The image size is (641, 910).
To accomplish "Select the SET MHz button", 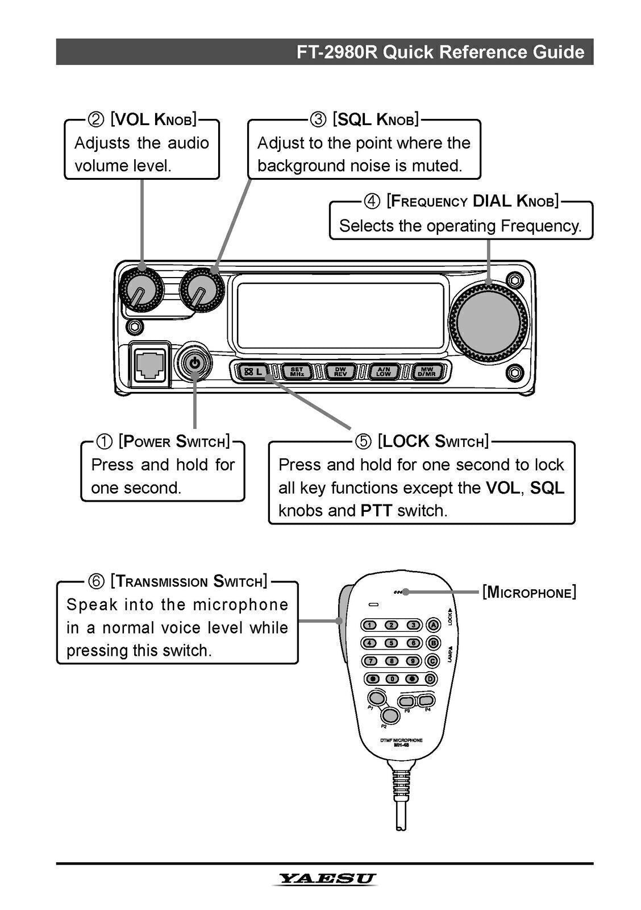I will [x=297, y=372].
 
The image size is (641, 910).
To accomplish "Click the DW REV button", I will [x=340, y=372].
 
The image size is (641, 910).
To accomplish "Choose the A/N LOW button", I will [x=384, y=372].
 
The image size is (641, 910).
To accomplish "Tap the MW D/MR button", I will [x=427, y=372].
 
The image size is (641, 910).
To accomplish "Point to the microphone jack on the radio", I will [x=149, y=364].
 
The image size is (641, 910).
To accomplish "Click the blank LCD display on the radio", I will [x=340, y=316].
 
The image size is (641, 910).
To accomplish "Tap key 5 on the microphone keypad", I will [x=392, y=643].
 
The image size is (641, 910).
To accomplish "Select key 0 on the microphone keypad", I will [x=392, y=679].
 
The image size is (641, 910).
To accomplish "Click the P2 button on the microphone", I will [x=389, y=715].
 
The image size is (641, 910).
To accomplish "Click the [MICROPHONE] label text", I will [x=529, y=592].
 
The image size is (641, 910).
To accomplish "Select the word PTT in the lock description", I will [x=376, y=510].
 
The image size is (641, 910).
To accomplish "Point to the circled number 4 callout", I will [x=372, y=201].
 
